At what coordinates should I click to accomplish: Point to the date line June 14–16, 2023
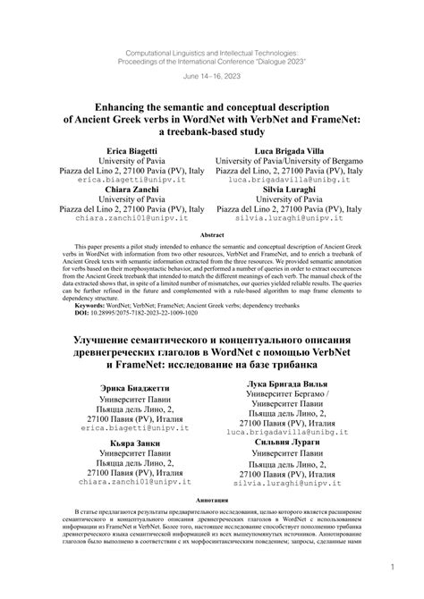212,76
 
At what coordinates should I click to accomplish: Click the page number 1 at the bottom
393,566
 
